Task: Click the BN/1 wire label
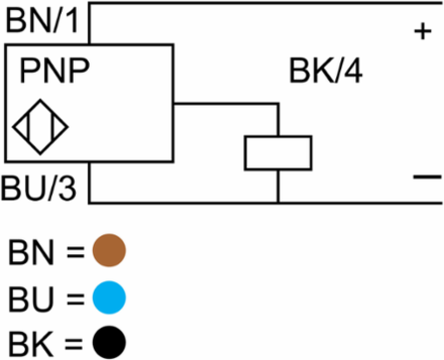click(42, 21)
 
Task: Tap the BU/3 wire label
click(39, 187)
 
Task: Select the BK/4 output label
click(326, 71)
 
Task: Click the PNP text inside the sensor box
click(55, 71)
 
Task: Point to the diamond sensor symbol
click(40, 127)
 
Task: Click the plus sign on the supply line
click(423, 32)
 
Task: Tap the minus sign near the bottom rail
click(427, 177)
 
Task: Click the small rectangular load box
click(278, 153)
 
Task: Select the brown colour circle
click(109, 250)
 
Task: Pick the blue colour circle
click(109, 297)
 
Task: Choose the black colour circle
click(109, 342)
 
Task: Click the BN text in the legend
click(31, 252)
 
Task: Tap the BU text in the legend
click(31, 299)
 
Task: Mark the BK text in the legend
click(31, 344)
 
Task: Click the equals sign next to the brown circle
click(75, 251)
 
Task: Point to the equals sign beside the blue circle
click(75, 299)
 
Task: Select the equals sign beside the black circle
click(74, 344)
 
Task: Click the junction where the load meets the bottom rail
click(278, 202)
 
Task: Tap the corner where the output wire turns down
click(278, 104)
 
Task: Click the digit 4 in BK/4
click(353, 71)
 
